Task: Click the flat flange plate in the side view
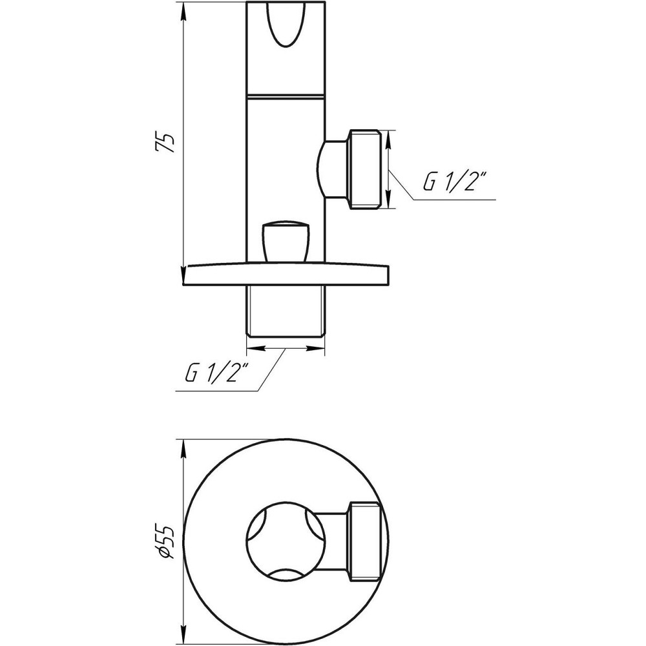[287, 275]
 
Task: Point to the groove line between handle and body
[286, 96]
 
